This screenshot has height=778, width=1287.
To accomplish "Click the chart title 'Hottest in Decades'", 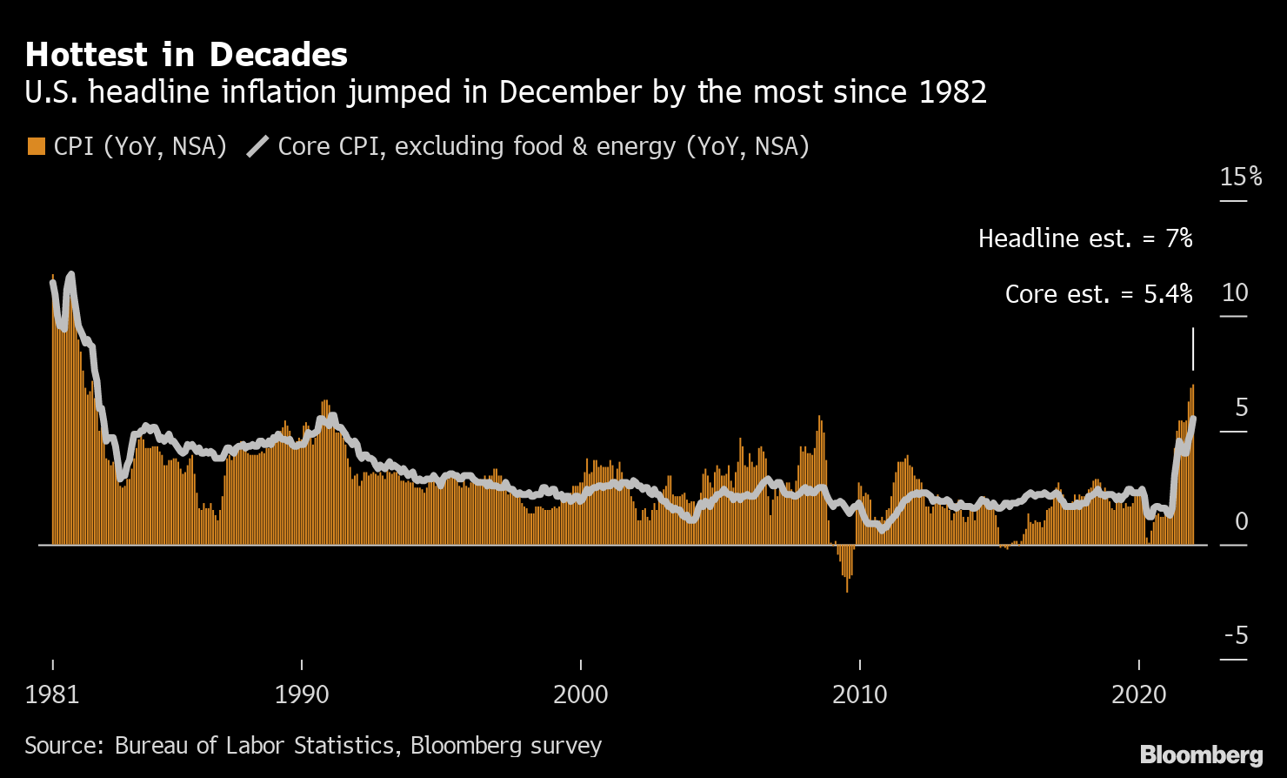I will (x=186, y=55).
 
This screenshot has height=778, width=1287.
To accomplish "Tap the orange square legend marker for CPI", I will (x=36, y=146).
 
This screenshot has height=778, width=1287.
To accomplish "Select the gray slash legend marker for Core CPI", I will (x=258, y=146).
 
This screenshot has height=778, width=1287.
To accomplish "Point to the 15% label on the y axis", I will (x=1241, y=177).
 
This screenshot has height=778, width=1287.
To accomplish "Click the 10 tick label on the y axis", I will (x=1235, y=292).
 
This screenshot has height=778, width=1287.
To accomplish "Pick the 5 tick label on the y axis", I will (x=1242, y=406).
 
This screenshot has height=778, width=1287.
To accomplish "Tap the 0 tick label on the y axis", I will (x=1242, y=520).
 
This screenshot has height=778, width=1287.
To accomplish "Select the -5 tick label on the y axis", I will (x=1236, y=635).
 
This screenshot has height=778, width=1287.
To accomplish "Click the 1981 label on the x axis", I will (x=52, y=694).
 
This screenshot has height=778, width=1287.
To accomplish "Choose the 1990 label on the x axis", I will (x=302, y=694).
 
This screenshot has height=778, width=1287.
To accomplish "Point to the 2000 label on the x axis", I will (x=581, y=694).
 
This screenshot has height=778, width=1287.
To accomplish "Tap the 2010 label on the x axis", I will (x=860, y=694).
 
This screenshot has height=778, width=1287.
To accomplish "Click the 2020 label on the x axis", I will (x=1139, y=694).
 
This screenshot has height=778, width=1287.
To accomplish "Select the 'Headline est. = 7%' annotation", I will (x=1084, y=238).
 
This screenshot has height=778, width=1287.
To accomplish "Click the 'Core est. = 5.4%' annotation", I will (x=1098, y=294).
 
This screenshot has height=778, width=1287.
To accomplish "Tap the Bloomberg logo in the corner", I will (x=1201, y=754).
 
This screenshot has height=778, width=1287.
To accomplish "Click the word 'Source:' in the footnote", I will (x=65, y=746).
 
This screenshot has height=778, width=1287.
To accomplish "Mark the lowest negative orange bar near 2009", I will (x=847, y=583).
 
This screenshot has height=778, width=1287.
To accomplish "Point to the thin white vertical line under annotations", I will (x=1193, y=349).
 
